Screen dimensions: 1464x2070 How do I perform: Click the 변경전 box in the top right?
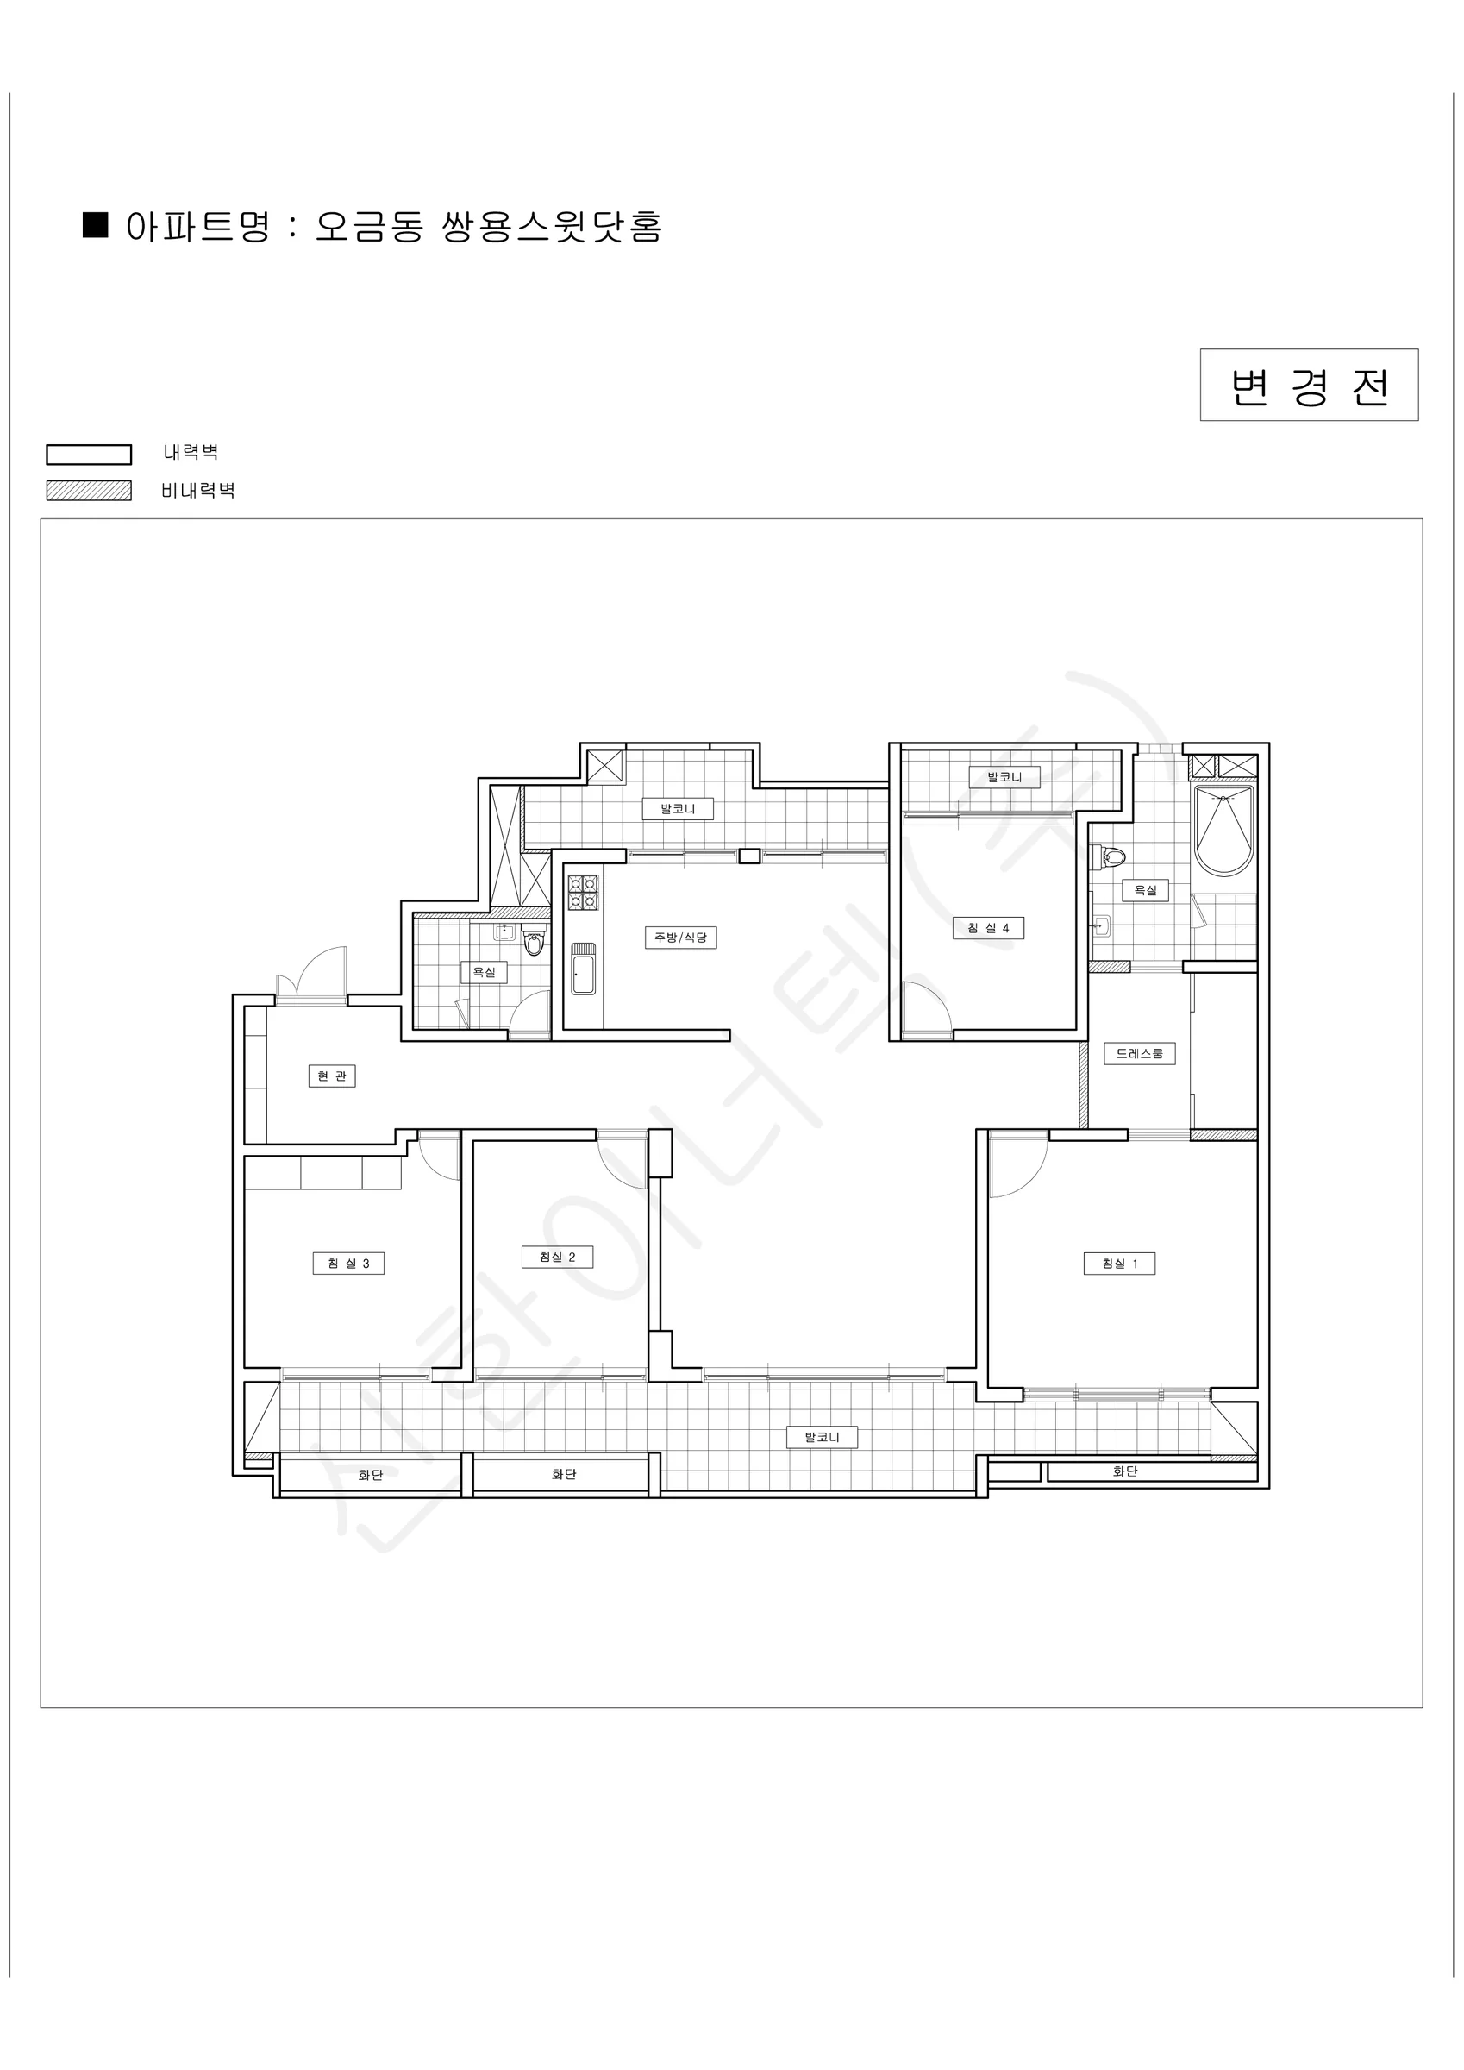pos(1309,385)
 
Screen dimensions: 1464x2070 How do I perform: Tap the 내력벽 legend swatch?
pos(88,455)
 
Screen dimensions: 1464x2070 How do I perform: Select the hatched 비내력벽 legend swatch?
pos(88,491)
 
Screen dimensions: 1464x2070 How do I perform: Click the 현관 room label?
pos(332,1076)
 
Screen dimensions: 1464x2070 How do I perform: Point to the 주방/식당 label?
pos(680,938)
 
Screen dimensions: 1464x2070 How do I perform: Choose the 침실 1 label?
pos(1120,1263)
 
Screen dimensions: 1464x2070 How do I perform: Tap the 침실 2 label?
pos(557,1257)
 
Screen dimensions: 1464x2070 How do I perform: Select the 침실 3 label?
pos(349,1263)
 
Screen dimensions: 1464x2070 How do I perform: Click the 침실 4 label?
pos(989,928)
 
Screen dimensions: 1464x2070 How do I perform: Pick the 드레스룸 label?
pos(1140,1053)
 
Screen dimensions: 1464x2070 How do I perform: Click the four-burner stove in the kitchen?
pos(583,892)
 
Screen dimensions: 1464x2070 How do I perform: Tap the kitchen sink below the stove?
pos(583,969)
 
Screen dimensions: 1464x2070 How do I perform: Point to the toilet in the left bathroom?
pos(534,942)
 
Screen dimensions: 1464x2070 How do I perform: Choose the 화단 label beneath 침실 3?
pos(371,1475)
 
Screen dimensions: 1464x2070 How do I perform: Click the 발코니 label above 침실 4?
pos(1004,777)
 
